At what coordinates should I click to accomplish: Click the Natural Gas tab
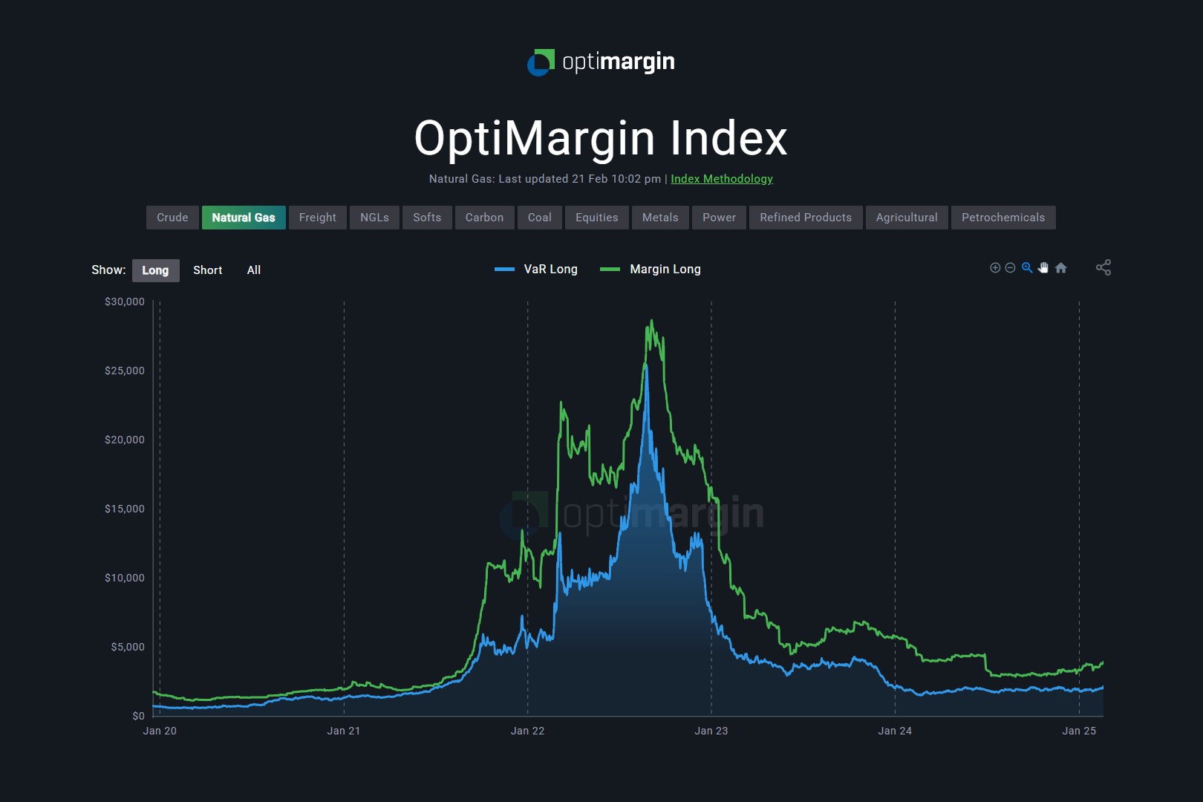pyautogui.click(x=244, y=218)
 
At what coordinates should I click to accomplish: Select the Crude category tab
pyautogui.click(x=172, y=218)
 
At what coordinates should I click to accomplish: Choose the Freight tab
pyautogui.click(x=317, y=218)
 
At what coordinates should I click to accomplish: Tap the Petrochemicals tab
pyautogui.click(x=1002, y=218)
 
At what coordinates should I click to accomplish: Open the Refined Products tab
pyautogui.click(x=805, y=218)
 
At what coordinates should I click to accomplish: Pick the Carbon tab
pyautogui.click(x=484, y=218)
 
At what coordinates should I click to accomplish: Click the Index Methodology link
pyautogui.click(x=722, y=179)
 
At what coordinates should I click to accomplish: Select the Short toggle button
pyautogui.click(x=207, y=270)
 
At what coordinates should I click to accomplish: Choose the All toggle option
pyautogui.click(x=254, y=270)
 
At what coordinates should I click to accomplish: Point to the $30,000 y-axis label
pyautogui.click(x=125, y=301)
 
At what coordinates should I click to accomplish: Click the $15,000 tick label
pyautogui.click(x=125, y=509)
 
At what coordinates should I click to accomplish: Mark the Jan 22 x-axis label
pyautogui.click(x=527, y=731)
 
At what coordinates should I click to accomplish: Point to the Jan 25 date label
pyautogui.click(x=1079, y=731)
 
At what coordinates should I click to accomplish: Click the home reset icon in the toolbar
pyautogui.click(x=1061, y=268)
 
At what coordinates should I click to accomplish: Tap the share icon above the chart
pyautogui.click(x=1103, y=267)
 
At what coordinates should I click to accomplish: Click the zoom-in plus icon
pyautogui.click(x=995, y=268)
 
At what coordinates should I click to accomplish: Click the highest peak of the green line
pyautogui.click(x=652, y=321)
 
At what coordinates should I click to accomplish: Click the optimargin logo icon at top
pyautogui.click(x=541, y=62)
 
